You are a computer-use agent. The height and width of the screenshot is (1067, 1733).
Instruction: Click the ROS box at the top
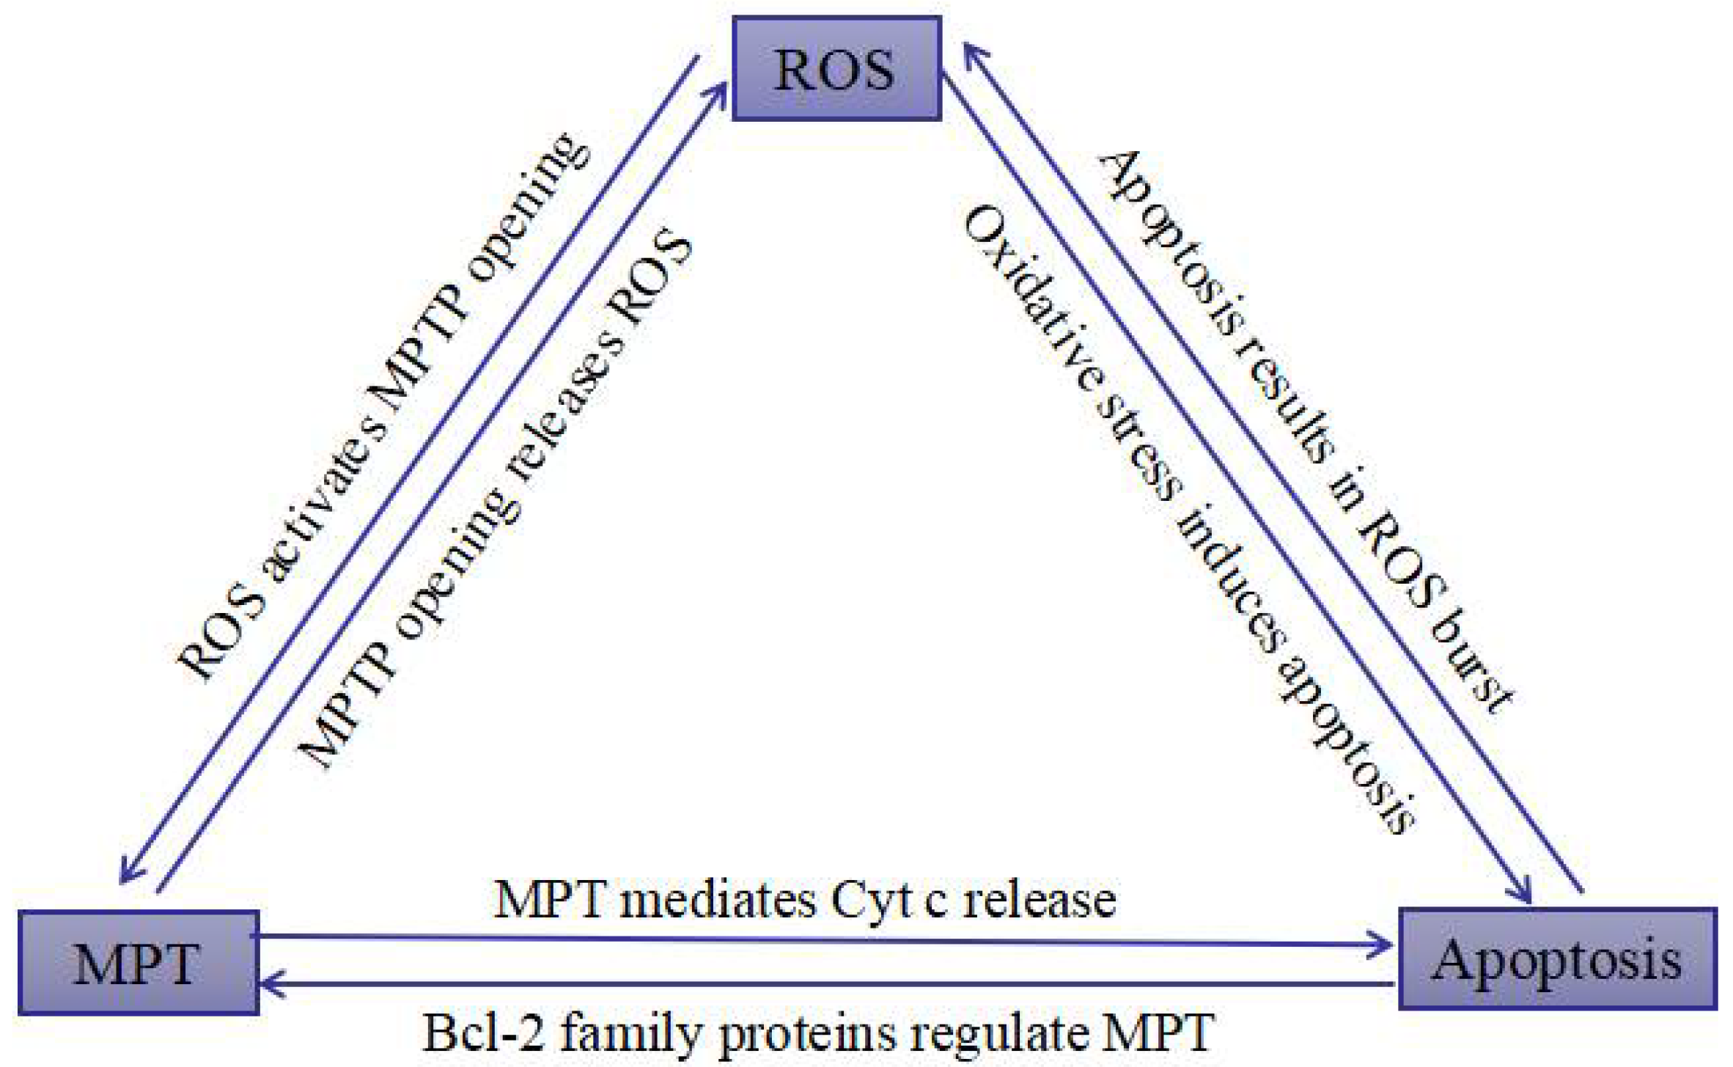pyautogui.click(x=836, y=68)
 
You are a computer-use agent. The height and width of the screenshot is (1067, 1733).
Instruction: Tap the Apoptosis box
pyautogui.click(x=1557, y=959)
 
